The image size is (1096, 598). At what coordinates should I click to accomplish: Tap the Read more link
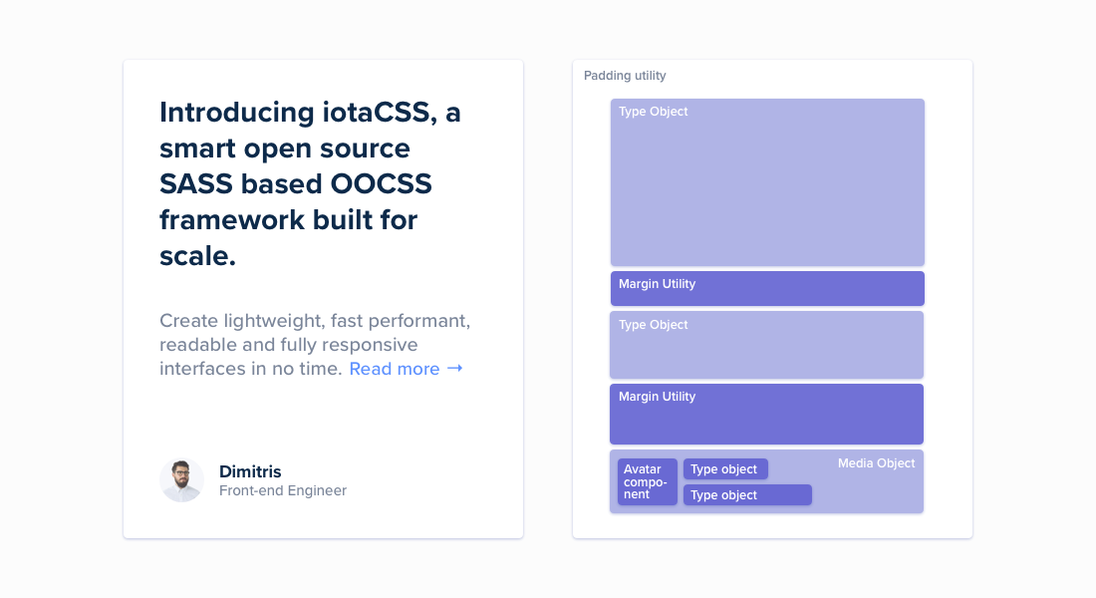tap(395, 369)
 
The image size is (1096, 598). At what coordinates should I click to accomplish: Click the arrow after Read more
tap(455, 369)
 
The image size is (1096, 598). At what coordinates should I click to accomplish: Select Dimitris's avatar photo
tap(181, 480)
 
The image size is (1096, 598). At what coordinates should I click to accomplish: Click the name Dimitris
tap(250, 471)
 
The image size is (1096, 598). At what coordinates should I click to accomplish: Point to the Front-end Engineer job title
tap(283, 490)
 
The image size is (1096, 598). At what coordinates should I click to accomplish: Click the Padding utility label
tap(625, 76)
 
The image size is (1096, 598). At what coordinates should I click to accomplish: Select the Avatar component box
tap(647, 481)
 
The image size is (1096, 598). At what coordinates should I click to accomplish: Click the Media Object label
tap(876, 463)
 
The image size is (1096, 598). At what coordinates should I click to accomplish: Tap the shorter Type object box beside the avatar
tap(725, 469)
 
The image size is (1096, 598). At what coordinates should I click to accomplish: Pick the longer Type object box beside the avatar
tap(747, 495)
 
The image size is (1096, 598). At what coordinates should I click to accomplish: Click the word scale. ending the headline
tap(197, 256)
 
